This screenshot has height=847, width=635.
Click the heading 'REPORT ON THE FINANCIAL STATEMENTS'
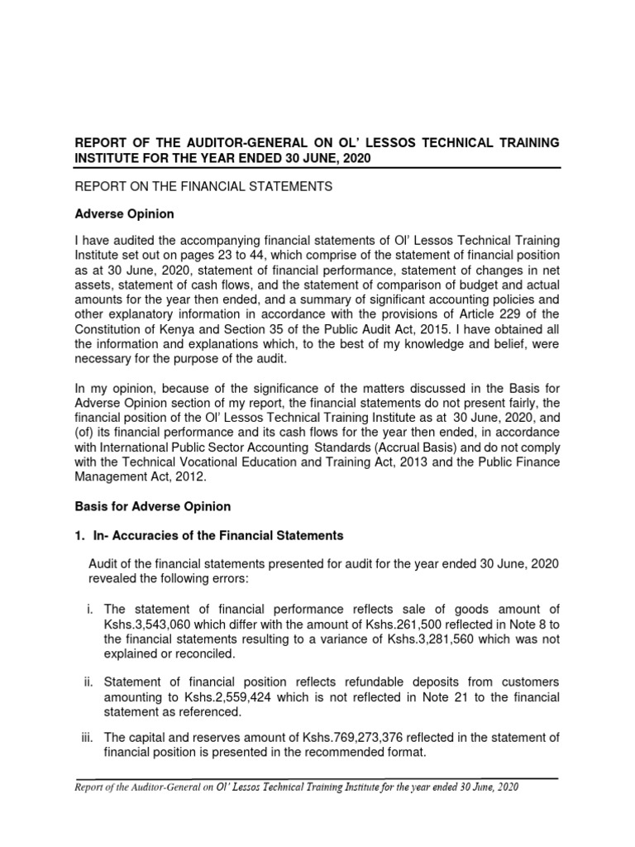(x=203, y=187)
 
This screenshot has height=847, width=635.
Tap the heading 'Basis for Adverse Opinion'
(x=153, y=506)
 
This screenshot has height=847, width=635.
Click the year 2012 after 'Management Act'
(x=204, y=476)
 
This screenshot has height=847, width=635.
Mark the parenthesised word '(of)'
(x=86, y=432)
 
